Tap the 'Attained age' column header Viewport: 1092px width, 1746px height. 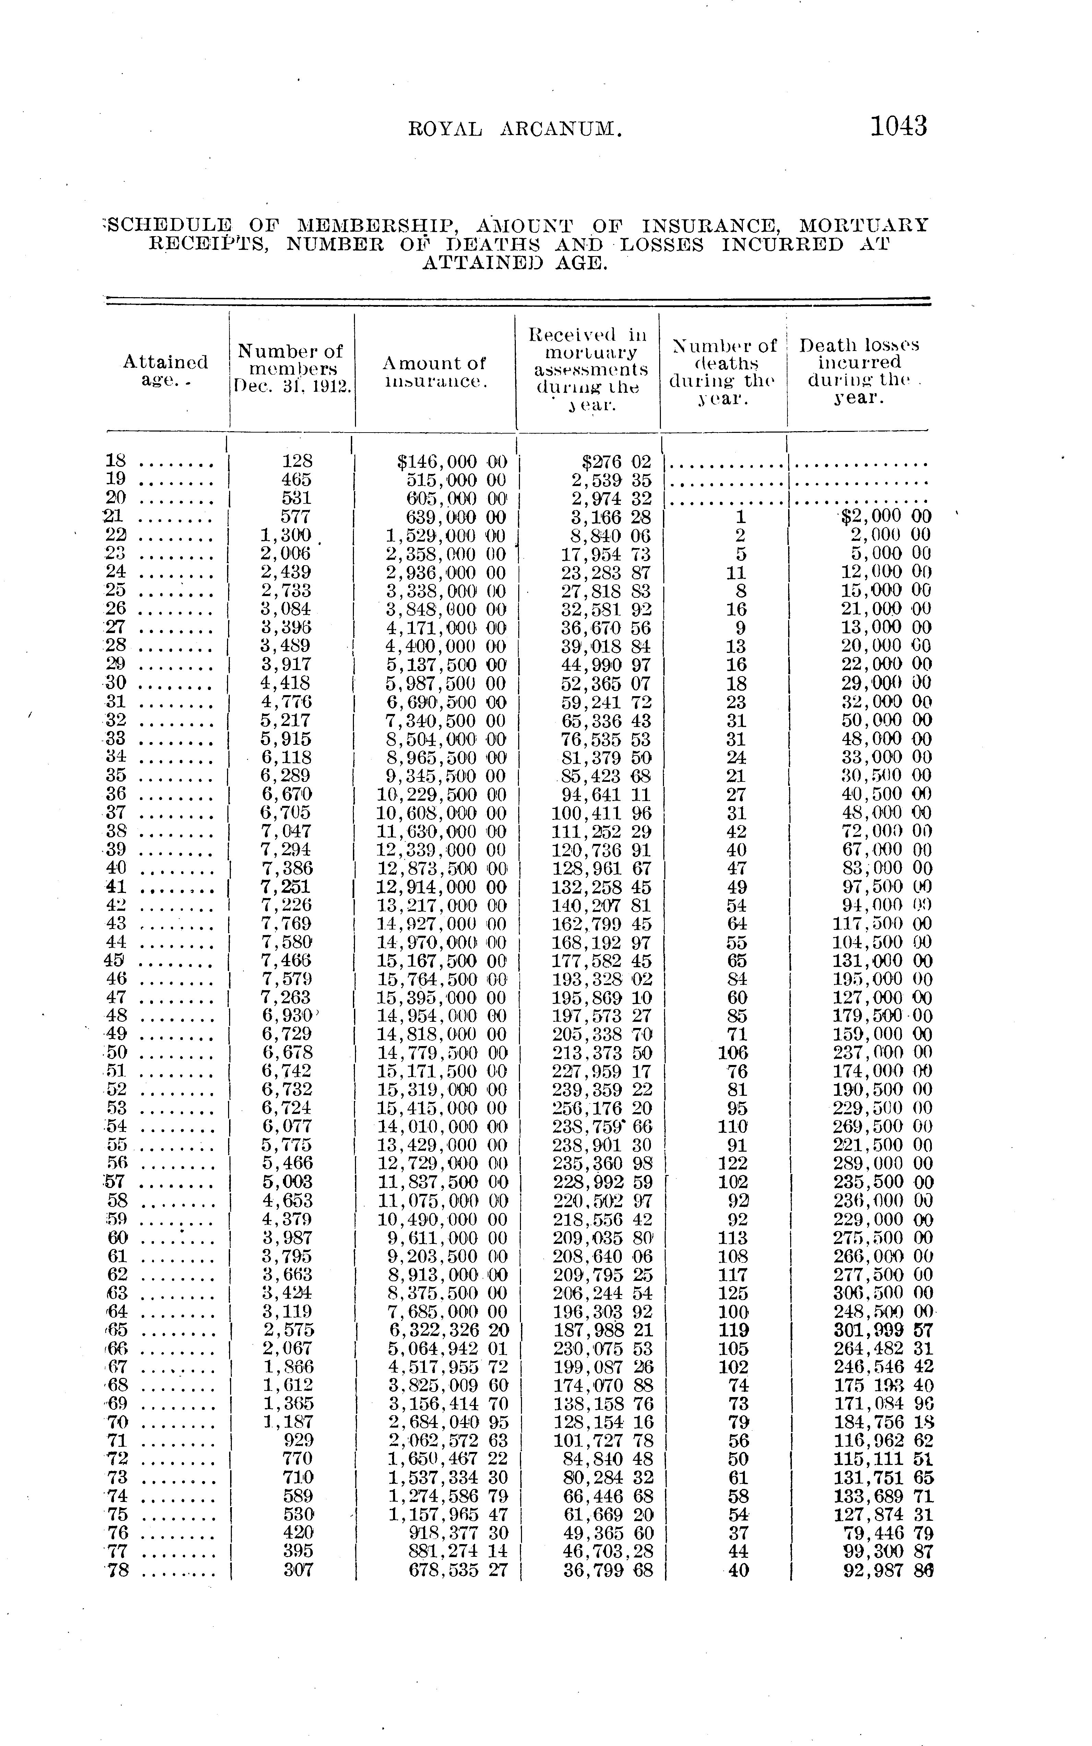(165, 369)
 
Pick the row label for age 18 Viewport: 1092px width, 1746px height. (116, 461)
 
